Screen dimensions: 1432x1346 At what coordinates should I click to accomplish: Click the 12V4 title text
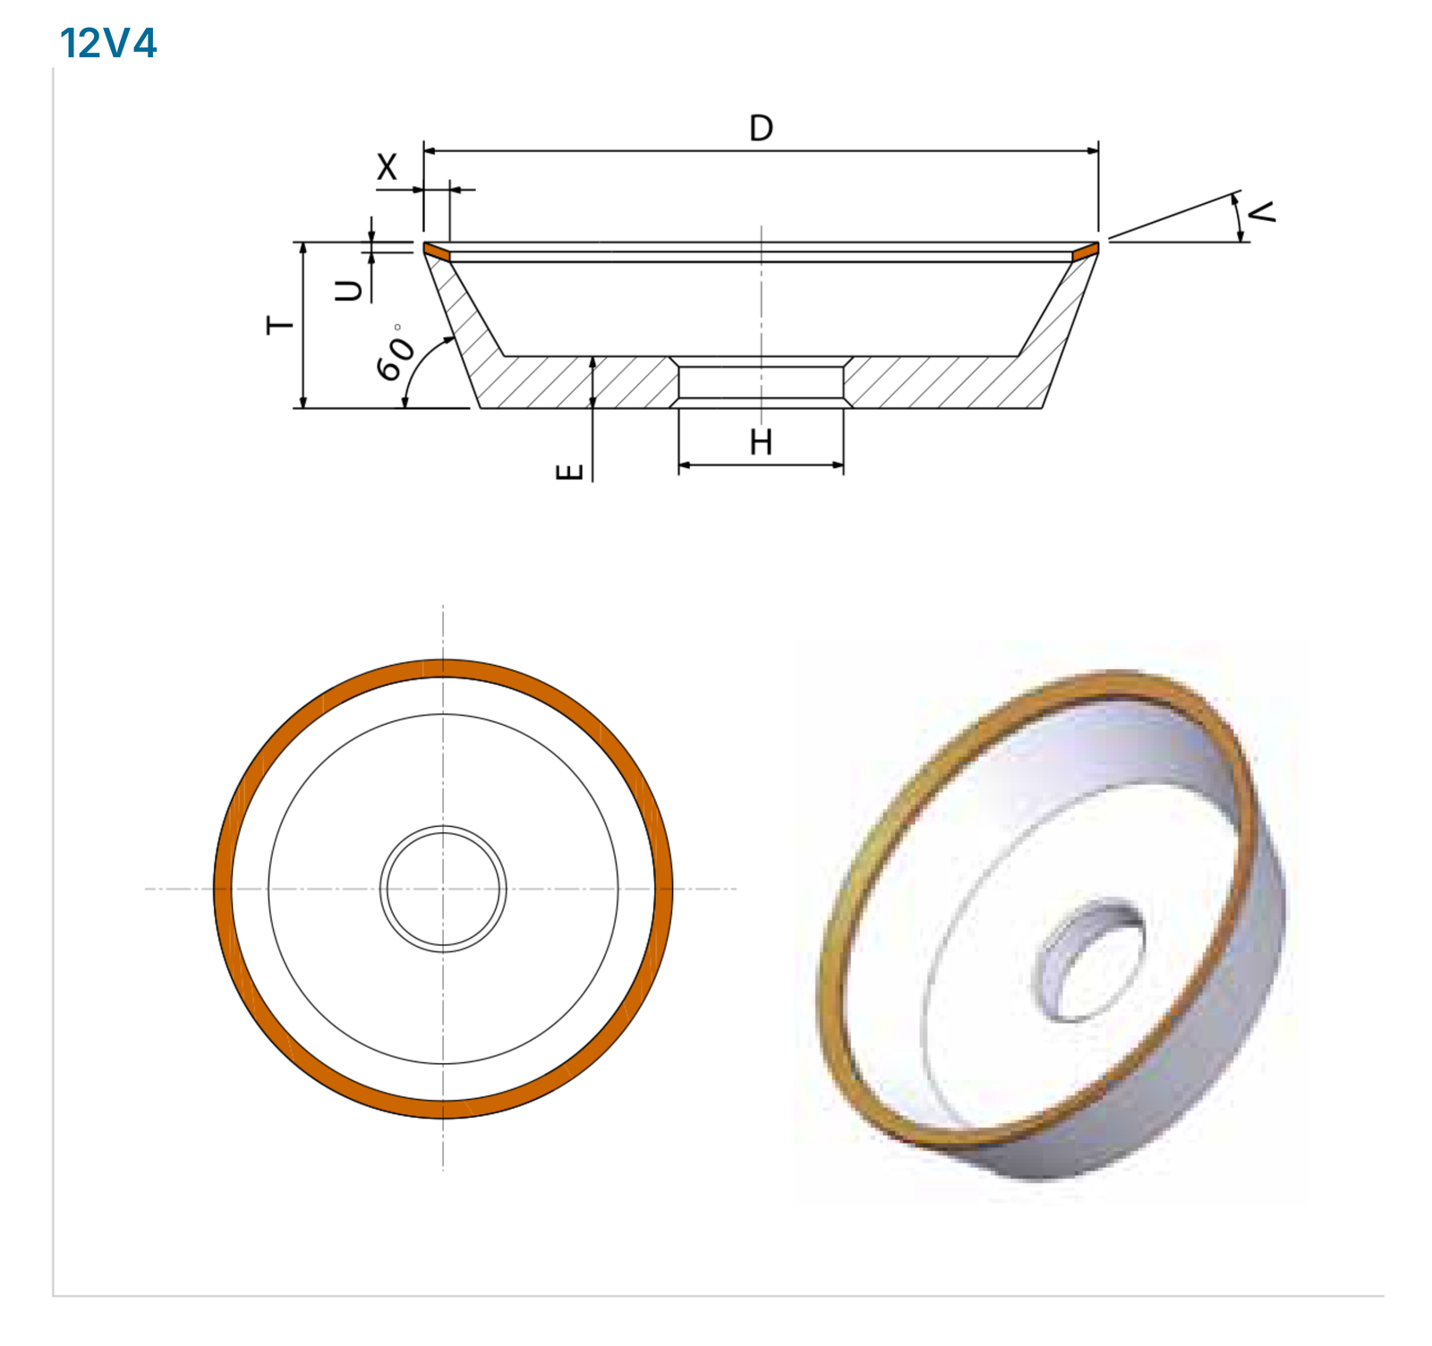108,43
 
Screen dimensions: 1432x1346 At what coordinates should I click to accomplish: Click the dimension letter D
761,129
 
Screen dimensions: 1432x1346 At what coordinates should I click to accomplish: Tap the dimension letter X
387,166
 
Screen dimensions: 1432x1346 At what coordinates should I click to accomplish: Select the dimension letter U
349,290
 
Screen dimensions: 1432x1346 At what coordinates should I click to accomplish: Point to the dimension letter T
280,325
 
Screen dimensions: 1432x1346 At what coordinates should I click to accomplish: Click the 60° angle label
395,353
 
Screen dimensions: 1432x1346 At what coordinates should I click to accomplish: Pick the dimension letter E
570,472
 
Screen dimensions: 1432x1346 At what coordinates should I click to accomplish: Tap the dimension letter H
761,442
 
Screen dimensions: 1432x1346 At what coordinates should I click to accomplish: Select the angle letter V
1261,212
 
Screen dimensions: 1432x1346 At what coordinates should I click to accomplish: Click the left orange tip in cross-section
437,251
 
